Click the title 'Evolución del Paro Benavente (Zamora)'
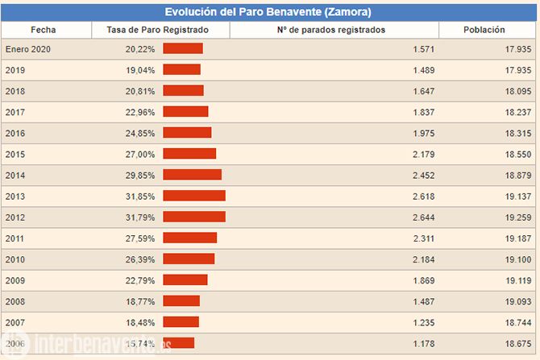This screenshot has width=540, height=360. click(268, 11)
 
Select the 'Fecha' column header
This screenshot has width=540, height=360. click(44, 30)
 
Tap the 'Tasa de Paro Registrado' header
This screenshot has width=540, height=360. click(157, 30)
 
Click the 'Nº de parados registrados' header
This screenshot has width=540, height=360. click(331, 30)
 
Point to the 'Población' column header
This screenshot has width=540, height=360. click(484, 30)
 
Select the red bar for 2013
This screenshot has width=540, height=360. click(194, 196)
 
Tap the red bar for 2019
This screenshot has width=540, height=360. click(181, 70)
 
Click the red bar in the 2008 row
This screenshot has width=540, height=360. click(181, 300)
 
